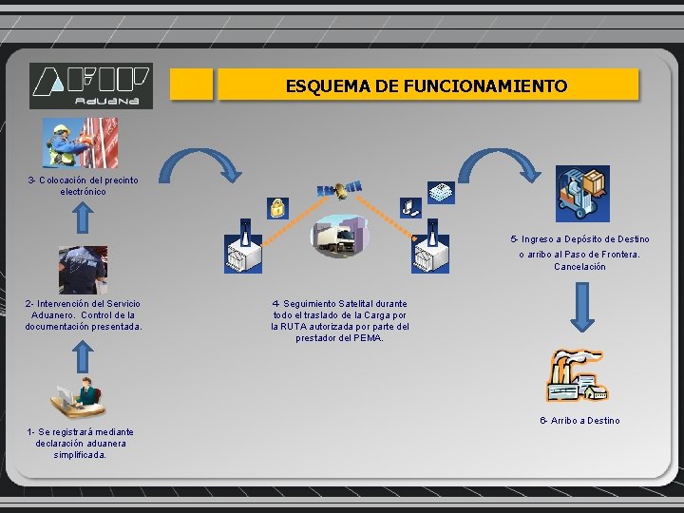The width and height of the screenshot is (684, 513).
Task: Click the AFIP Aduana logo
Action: [90, 85]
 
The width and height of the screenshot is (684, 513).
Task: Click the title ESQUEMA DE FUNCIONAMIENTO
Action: [427, 85]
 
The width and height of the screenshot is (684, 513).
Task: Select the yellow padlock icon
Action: [277, 207]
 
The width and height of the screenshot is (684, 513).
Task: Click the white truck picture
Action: [339, 237]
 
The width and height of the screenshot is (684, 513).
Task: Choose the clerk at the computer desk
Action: [79, 398]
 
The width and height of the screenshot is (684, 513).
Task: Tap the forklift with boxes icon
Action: [582, 194]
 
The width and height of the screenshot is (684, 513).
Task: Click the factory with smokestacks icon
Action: [576, 375]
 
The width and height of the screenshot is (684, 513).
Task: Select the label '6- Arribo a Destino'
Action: [579, 421]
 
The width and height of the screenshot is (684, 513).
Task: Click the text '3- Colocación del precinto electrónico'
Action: [83, 185]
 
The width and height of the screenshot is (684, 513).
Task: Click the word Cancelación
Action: [579, 267]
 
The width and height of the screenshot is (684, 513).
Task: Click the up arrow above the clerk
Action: [83, 355]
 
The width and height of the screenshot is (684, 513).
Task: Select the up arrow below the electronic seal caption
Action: [83, 218]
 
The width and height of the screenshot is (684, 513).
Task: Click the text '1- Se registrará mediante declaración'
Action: [81, 443]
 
